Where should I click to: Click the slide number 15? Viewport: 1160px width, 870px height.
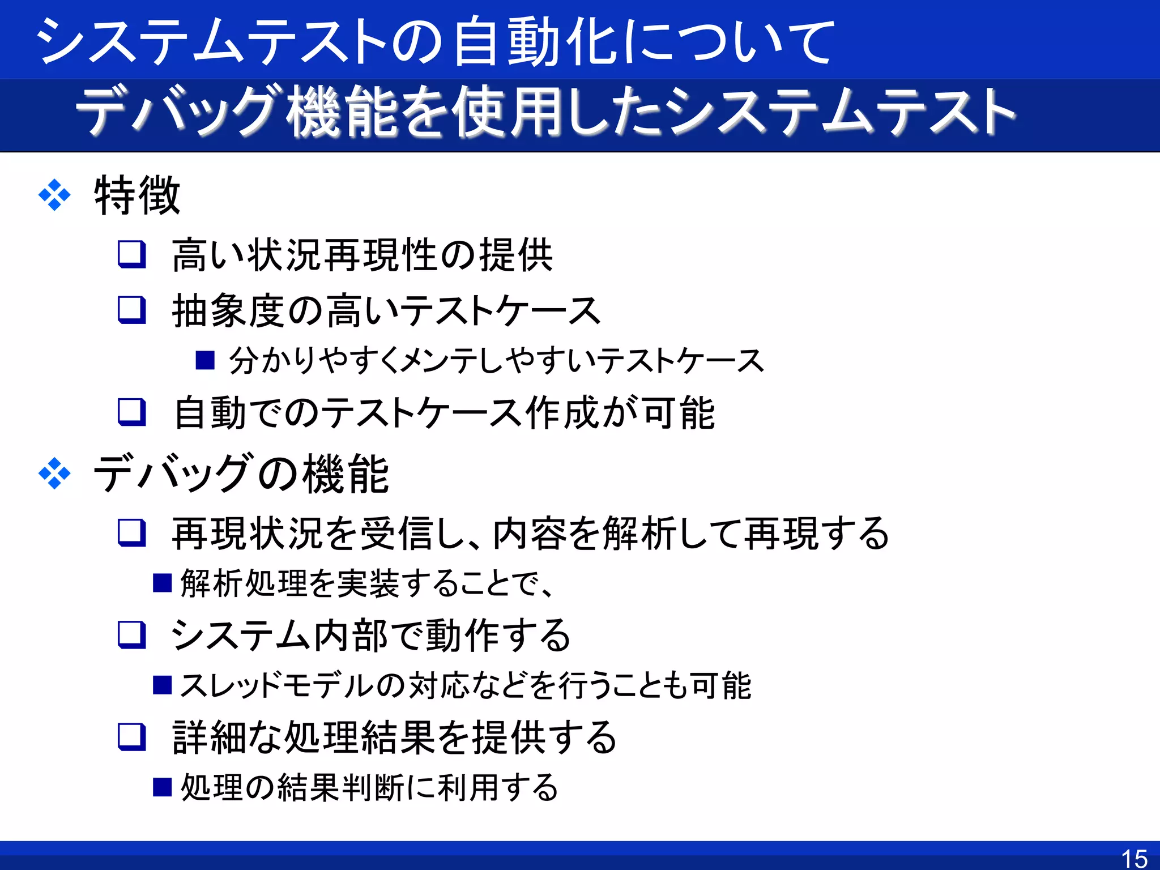click(1134, 858)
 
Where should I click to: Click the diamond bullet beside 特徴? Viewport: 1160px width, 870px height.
click(54, 195)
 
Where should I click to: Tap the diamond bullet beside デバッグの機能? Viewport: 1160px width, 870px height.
click(54, 473)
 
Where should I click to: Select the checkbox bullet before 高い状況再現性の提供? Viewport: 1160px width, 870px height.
click(132, 254)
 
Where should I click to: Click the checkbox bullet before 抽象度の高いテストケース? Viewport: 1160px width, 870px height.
click(132, 310)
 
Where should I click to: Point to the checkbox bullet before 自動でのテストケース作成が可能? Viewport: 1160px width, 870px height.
click(132, 412)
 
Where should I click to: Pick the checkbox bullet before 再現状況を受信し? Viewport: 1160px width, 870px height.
click(132, 533)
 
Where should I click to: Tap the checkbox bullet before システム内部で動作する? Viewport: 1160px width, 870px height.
click(132, 634)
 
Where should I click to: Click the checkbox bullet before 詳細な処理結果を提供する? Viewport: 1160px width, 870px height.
click(132, 736)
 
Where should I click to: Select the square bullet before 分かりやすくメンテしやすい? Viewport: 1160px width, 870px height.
click(205, 360)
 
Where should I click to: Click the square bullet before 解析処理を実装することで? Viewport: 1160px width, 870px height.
click(163, 582)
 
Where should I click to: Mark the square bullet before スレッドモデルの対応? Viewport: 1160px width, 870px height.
click(163, 685)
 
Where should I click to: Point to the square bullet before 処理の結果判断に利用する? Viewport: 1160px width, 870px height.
click(163, 787)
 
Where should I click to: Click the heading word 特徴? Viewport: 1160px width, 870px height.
click(137, 195)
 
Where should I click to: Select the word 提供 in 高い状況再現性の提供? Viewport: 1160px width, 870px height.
click(516, 255)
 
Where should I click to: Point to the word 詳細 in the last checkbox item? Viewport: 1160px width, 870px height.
click(209, 737)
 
